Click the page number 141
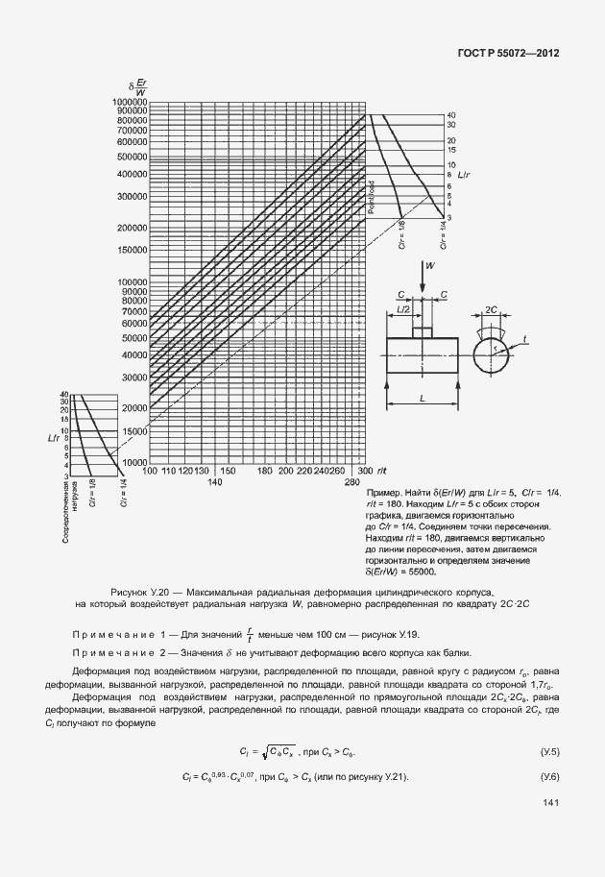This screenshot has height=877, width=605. pyautogui.click(x=550, y=802)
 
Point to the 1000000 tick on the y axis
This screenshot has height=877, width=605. pyautogui.click(x=126, y=101)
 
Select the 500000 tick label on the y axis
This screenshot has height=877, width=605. pyautogui.click(x=129, y=156)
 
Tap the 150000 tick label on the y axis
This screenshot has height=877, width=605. pyautogui.click(x=129, y=250)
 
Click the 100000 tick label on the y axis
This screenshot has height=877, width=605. pyautogui.click(x=129, y=281)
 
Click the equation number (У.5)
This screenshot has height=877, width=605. pyautogui.click(x=550, y=749)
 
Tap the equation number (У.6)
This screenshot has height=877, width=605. pyautogui.click(x=550, y=775)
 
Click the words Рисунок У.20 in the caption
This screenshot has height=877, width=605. pyautogui.click(x=140, y=593)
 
